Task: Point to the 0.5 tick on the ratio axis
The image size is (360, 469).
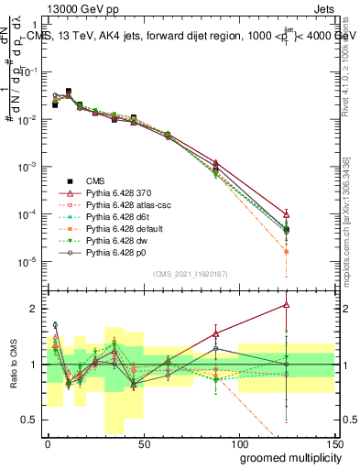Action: point(30,420)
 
